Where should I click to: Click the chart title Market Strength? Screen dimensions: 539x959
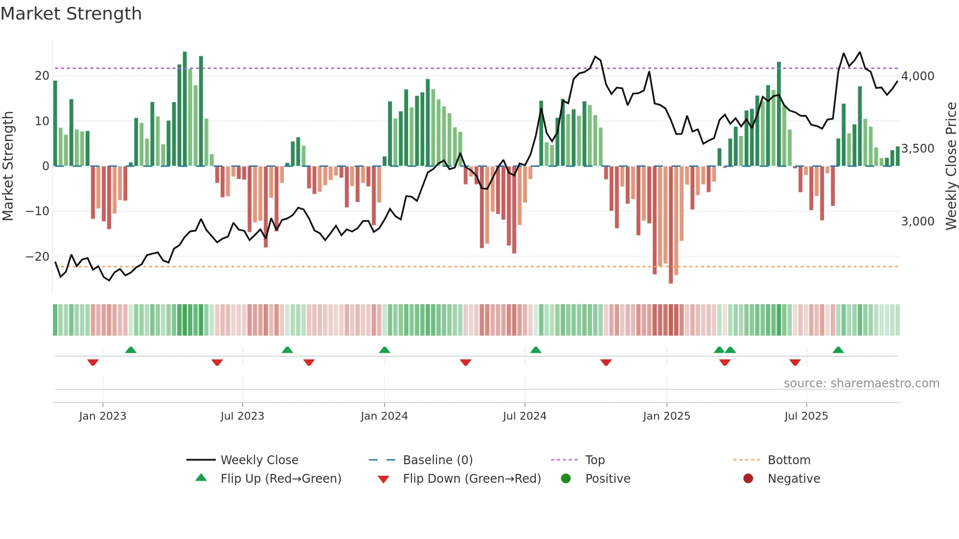[71, 14]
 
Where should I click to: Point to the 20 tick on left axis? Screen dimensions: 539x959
[42, 76]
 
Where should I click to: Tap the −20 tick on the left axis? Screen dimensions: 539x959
[38, 257]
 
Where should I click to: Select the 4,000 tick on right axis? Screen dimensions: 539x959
[917, 76]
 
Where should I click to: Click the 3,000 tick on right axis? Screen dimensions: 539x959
[917, 222]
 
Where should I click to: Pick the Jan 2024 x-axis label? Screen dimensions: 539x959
[384, 416]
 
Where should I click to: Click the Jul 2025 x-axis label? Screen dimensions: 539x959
[806, 416]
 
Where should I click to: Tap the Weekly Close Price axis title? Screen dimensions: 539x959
[951, 166]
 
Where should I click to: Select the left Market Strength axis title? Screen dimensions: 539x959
[8, 166]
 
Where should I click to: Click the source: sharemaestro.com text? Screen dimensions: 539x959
[861, 383]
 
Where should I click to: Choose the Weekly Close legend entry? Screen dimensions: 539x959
[259, 460]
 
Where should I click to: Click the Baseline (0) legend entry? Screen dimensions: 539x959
[437, 460]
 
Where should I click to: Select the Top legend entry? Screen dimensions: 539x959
[595, 460]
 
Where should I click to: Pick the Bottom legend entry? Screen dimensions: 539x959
[789, 460]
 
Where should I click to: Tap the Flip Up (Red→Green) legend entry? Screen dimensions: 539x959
[280, 479]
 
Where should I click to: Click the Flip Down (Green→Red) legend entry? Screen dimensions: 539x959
[472, 479]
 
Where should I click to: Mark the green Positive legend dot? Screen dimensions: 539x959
[566, 479]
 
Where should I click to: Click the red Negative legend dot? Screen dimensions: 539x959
[748, 479]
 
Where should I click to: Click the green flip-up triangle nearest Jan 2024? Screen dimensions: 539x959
[385, 350]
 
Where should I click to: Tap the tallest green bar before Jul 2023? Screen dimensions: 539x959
[185, 108]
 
